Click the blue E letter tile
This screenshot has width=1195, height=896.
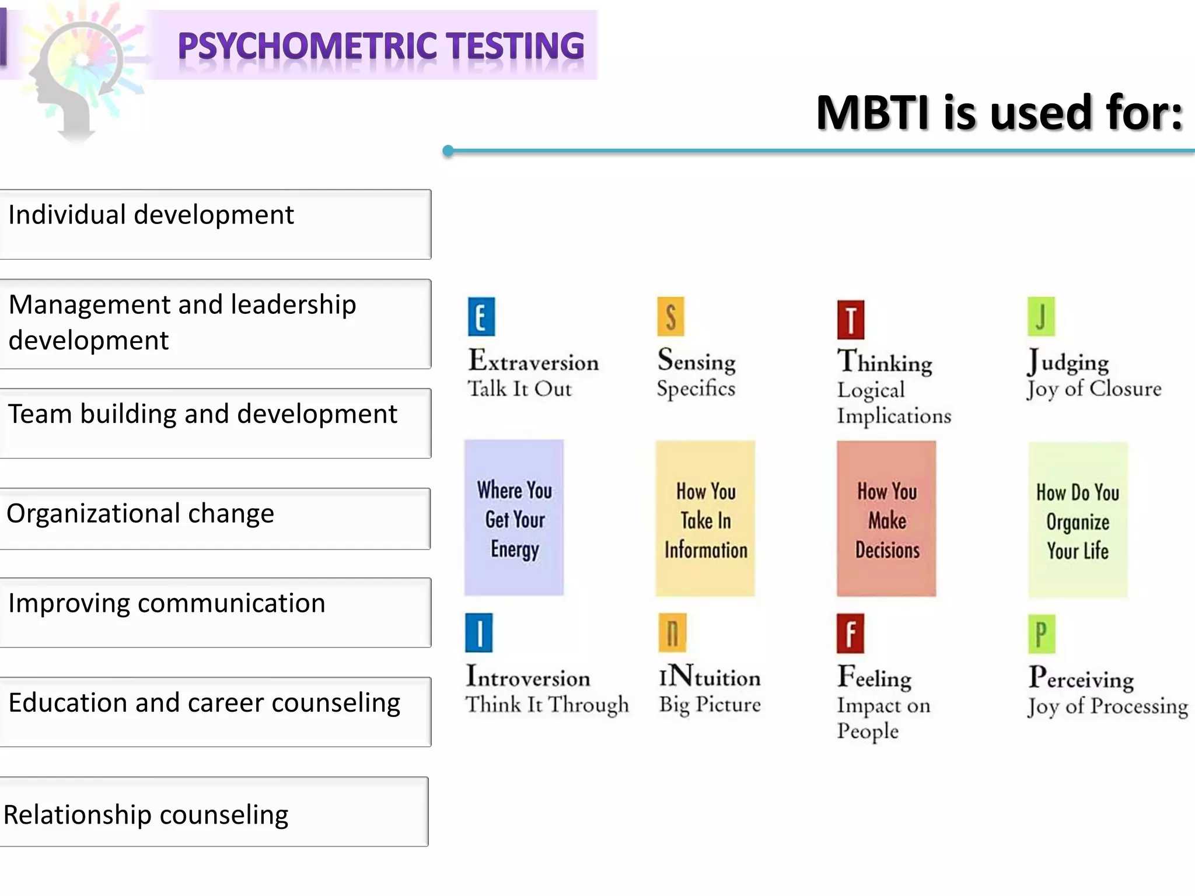coord(481,317)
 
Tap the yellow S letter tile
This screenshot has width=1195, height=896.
coord(670,317)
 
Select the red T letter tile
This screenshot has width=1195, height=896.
coord(851,320)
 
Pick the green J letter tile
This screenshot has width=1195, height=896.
coord(1041,317)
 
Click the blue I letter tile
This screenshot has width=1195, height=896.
coord(479,633)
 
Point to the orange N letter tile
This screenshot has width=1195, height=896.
coord(672,633)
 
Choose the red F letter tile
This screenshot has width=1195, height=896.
coord(850,633)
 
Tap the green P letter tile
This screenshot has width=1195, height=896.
coord(1042,634)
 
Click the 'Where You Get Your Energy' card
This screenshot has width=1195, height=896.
coord(514,518)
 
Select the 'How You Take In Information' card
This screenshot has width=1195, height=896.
coord(705,519)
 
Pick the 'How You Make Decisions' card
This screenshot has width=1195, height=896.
coord(886,519)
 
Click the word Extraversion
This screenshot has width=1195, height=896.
coord(534,361)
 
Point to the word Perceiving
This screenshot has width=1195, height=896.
coord(1081,678)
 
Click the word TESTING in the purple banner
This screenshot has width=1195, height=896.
coord(515,47)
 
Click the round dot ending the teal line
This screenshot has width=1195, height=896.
coord(448,151)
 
